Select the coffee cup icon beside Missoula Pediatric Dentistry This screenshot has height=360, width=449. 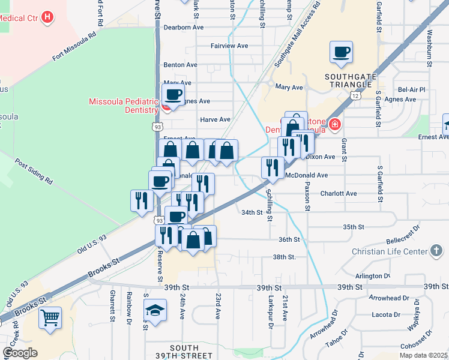pos(173,94)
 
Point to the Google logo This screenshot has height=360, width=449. pos(20,353)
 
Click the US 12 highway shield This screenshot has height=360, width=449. pos(356,96)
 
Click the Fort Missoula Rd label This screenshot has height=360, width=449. pos(74,47)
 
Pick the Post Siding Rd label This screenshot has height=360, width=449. pos(34,172)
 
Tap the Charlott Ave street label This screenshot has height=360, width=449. pos(339,193)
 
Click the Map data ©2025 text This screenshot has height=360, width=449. pos(424,355)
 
